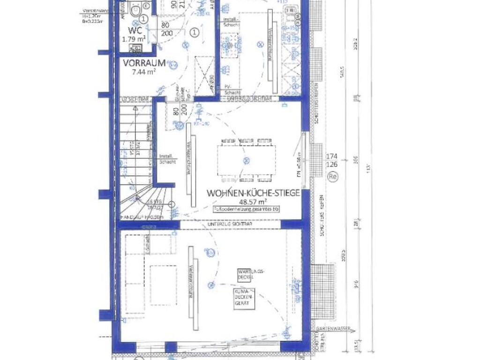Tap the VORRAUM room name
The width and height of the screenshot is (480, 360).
[144, 63]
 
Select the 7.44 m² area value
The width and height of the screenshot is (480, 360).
[143, 72]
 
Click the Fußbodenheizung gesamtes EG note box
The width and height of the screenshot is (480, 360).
[246, 209]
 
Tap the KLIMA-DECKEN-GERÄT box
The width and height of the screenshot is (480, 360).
[244, 299]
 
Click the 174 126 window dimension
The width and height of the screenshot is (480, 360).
[331, 160]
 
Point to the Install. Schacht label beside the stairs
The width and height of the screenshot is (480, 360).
[167, 159]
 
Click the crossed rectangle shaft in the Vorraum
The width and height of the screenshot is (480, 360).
[204, 75]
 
